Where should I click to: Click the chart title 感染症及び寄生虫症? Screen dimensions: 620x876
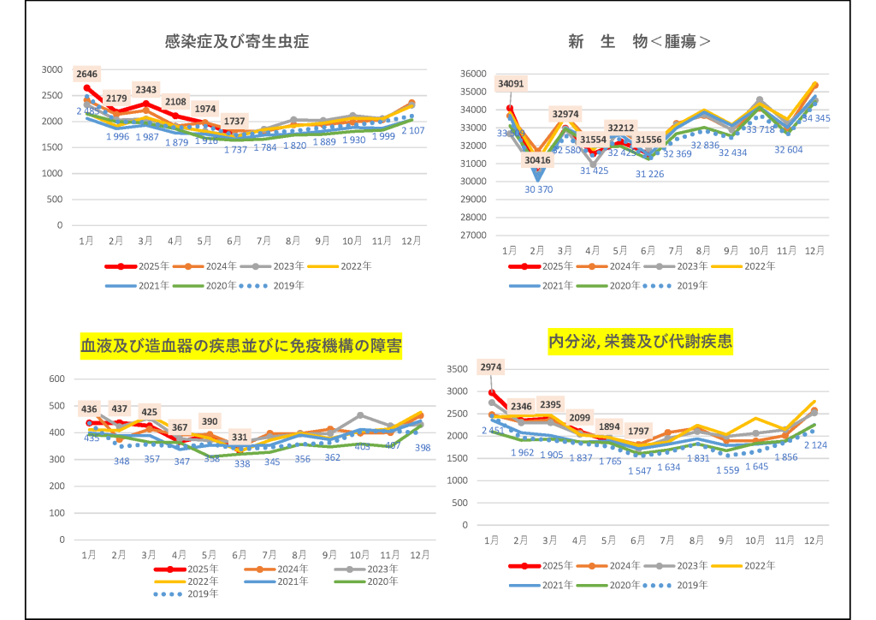[x=237, y=41]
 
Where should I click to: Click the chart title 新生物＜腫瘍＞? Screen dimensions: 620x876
[x=640, y=41]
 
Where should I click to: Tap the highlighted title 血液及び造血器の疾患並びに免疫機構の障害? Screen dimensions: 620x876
[x=240, y=346]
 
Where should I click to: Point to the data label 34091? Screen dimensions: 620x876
[x=510, y=84]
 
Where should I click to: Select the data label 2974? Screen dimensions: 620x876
[x=492, y=367]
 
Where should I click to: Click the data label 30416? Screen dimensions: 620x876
[x=538, y=159]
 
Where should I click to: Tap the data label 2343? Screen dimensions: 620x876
[x=146, y=90]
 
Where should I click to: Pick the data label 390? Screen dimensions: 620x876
[x=210, y=421]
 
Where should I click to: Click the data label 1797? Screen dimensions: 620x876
[x=638, y=430]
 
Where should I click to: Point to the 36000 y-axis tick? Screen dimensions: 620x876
[x=473, y=74]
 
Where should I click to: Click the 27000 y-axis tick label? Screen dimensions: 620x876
[x=473, y=235]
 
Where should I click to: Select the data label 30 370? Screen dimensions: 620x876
[x=538, y=189]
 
